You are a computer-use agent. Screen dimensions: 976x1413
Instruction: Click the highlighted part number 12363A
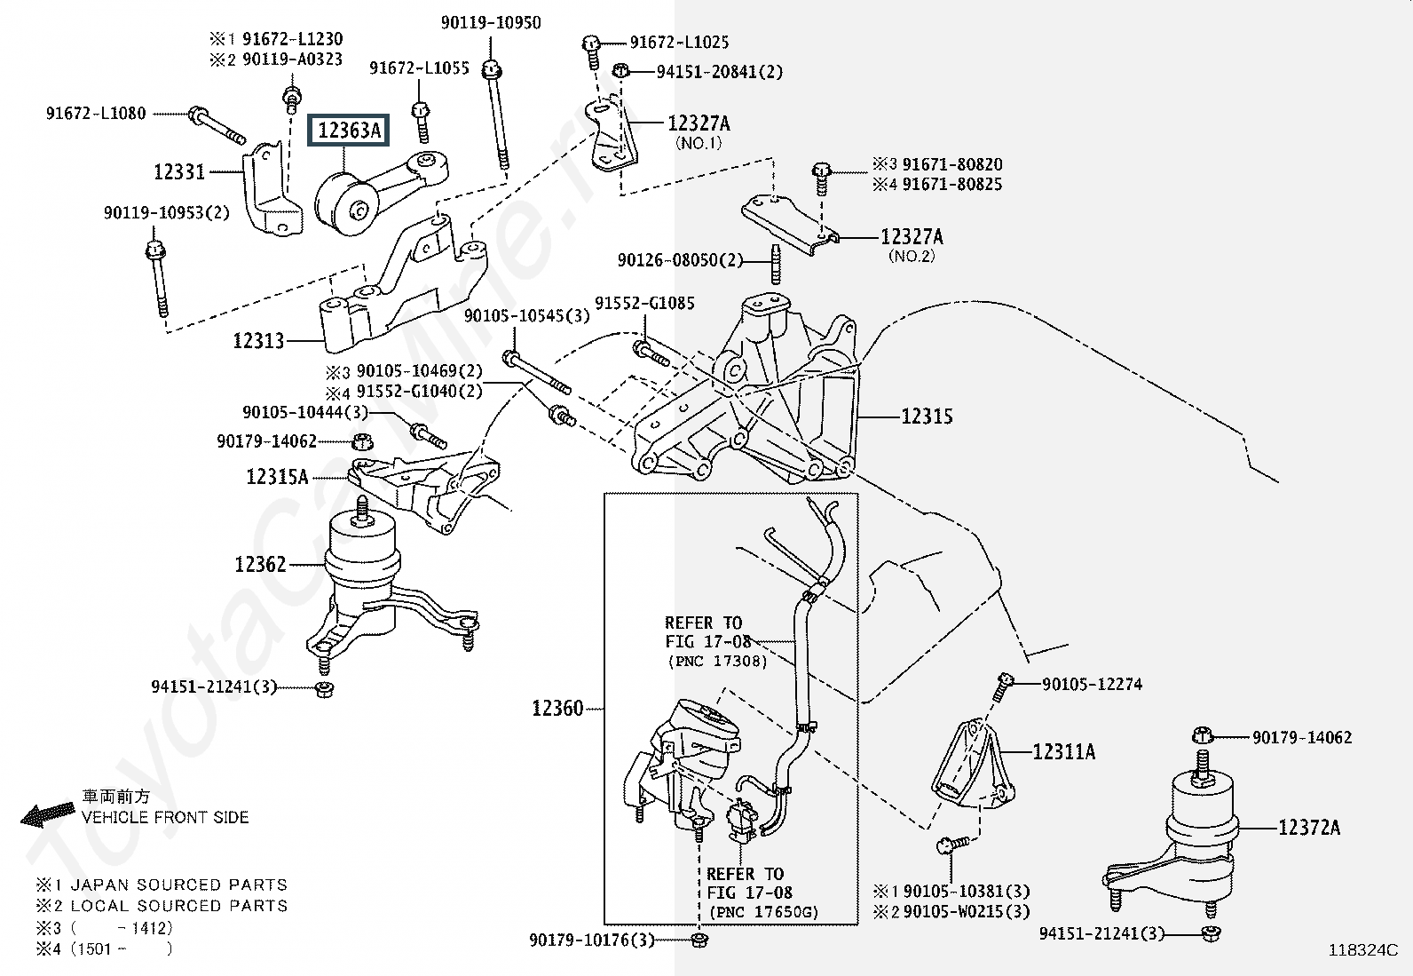click(x=348, y=131)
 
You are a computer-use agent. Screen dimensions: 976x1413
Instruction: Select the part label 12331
click(x=179, y=171)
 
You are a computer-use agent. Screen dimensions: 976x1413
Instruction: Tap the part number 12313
click(x=258, y=340)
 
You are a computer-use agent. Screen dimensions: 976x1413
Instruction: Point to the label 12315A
click(x=277, y=477)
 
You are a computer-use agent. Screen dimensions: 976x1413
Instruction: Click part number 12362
click(x=260, y=564)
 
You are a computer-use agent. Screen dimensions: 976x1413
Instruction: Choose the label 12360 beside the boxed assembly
click(x=557, y=708)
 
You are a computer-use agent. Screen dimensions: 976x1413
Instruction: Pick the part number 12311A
click(x=1063, y=752)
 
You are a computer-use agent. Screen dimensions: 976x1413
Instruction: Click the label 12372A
click(x=1309, y=828)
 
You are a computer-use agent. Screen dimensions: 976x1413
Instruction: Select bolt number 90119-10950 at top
click(x=491, y=22)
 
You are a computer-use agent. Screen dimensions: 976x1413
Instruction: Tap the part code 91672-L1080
click(x=96, y=114)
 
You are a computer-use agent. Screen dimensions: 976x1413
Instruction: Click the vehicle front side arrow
click(x=48, y=813)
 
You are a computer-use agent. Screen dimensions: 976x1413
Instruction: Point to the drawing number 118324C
click(x=1362, y=949)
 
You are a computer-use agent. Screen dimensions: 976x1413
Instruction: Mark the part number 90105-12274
click(x=1092, y=684)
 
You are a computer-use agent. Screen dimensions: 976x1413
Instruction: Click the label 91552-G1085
click(x=644, y=303)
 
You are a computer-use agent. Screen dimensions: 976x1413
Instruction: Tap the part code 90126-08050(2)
click(x=680, y=260)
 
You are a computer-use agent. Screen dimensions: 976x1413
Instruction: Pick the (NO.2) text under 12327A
click(x=912, y=256)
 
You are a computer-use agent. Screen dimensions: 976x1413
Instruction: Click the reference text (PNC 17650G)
click(x=763, y=912)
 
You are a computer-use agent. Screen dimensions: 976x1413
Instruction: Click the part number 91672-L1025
click(x=679, y=42)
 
